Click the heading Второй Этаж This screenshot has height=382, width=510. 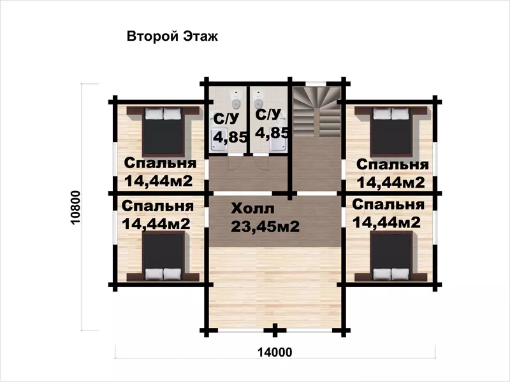(x=172, y=36)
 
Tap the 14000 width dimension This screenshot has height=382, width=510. (x=275, y=352)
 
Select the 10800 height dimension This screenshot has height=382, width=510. (x=75, y=208)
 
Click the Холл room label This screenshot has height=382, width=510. (x=252, y=209)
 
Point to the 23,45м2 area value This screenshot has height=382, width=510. (x=265, y=227)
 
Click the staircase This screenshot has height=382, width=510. (x=316, y=111)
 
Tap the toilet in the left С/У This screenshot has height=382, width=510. (x=236, y=100)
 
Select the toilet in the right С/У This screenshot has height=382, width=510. (x=259, y=100)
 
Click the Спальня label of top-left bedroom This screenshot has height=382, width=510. (x=160, y=164)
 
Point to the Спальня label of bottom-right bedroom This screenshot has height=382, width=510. (x=388, y=204)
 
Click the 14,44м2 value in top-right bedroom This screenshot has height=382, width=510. (x=391, y=183)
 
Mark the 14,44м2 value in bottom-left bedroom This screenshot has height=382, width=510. (x=156, y=224)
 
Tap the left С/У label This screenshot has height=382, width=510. (x=226, y=118)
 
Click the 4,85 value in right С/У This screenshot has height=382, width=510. (x=272, y=132)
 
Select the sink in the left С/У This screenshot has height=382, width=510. (x=219, y=140)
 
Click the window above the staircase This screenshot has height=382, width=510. (x=316, y=83)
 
